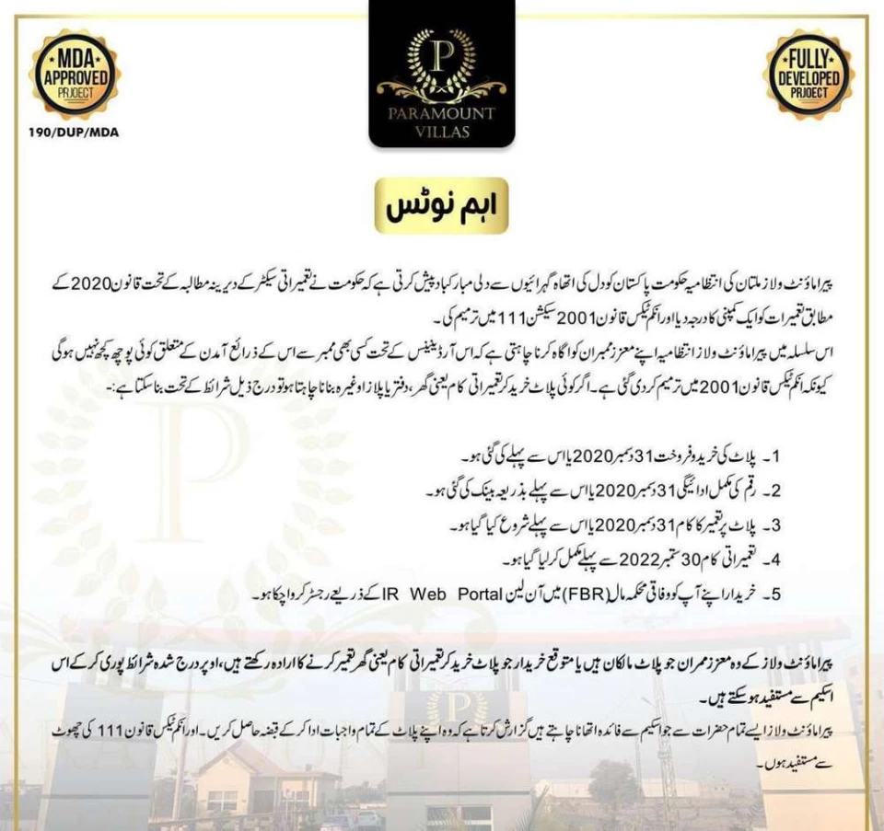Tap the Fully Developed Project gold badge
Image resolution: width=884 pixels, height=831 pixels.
tap(808, 74)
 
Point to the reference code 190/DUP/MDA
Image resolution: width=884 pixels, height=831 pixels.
tap(74, 132)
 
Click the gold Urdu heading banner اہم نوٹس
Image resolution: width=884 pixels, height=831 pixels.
tap(442, 205)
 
